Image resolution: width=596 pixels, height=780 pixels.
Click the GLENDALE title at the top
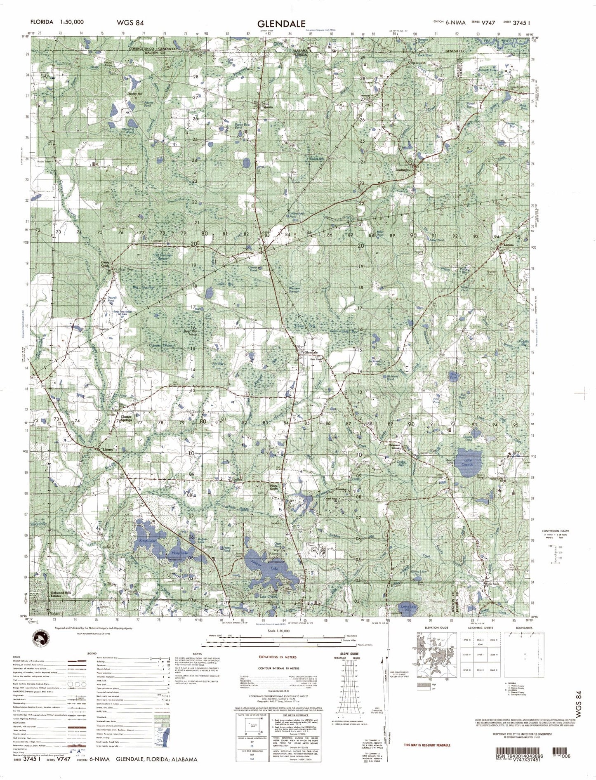282,24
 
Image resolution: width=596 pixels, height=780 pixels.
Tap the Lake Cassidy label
467,463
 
